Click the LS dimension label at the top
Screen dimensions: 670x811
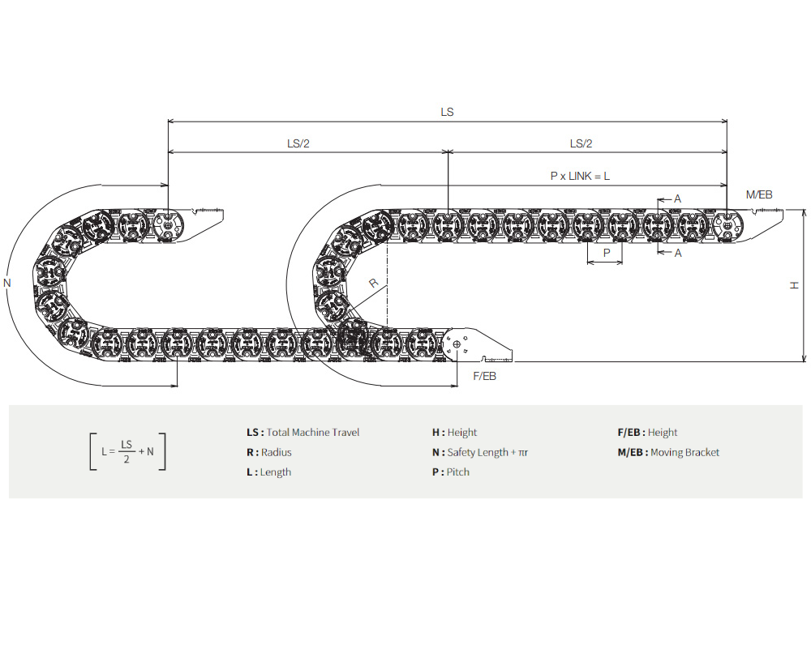click(x=447, y=112)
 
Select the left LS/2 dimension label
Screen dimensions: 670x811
click(x=298, y=143)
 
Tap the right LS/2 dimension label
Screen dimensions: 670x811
click(x=581, y=143)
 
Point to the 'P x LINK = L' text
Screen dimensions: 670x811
click(x=580, y=176)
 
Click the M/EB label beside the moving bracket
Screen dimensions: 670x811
click(x=759, y=194)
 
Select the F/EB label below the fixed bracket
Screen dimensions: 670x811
click(x=484, y=378)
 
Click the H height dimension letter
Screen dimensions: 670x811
click(x=795, y=284)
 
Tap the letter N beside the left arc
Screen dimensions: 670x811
click(x=7, y=283)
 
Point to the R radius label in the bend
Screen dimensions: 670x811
click(x=373, y=283)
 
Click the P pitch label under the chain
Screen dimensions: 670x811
click(x=606, y=253)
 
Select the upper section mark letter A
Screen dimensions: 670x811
click(x=678, y=198)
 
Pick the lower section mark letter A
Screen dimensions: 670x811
click(x=678, y=253)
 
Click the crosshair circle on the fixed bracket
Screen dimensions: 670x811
click(x=457, y=345)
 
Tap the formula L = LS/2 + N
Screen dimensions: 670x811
click(x=127, y=452)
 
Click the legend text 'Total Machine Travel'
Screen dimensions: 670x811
click(x=312, y=433)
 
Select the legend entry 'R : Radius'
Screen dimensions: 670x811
click(x=268, y=452)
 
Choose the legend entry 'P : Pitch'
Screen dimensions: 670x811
click(x=451, y=472)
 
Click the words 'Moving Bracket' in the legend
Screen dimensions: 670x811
click(x=684, y=452)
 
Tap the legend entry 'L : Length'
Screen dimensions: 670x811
click(x=268, y=472)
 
